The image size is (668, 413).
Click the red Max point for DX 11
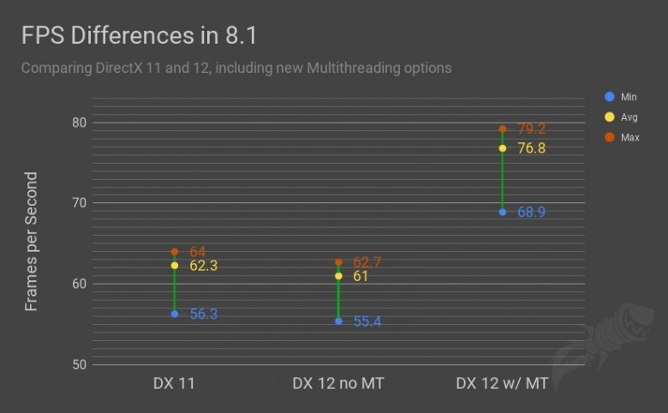click(x=175, y=252)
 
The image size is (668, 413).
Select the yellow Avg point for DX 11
click(x=175, y=266)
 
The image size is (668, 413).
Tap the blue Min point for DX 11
click(x=175, y=314)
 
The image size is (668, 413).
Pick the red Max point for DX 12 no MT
click(x=338, y=262)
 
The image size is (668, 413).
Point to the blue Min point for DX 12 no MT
click(x=338, y=321)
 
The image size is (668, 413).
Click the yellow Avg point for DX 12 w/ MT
click(x=503, y=148)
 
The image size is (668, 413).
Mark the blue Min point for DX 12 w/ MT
click(x=503, y=212)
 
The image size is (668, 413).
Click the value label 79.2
click(x=532, y=129)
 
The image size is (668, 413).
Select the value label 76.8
click(x=532, y=148)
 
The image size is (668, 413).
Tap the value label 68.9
click(x=532, y=212)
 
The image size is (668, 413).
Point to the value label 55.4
click(x=367, y=321)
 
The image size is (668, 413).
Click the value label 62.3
click(x=204, y=266)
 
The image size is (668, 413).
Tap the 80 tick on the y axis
click(x=79, y=122)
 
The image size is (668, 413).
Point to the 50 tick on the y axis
click(x=79, y=364)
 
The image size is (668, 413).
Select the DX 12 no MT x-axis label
click(x=338, y=383)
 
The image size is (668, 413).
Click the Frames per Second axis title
click(x=32, y=242)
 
